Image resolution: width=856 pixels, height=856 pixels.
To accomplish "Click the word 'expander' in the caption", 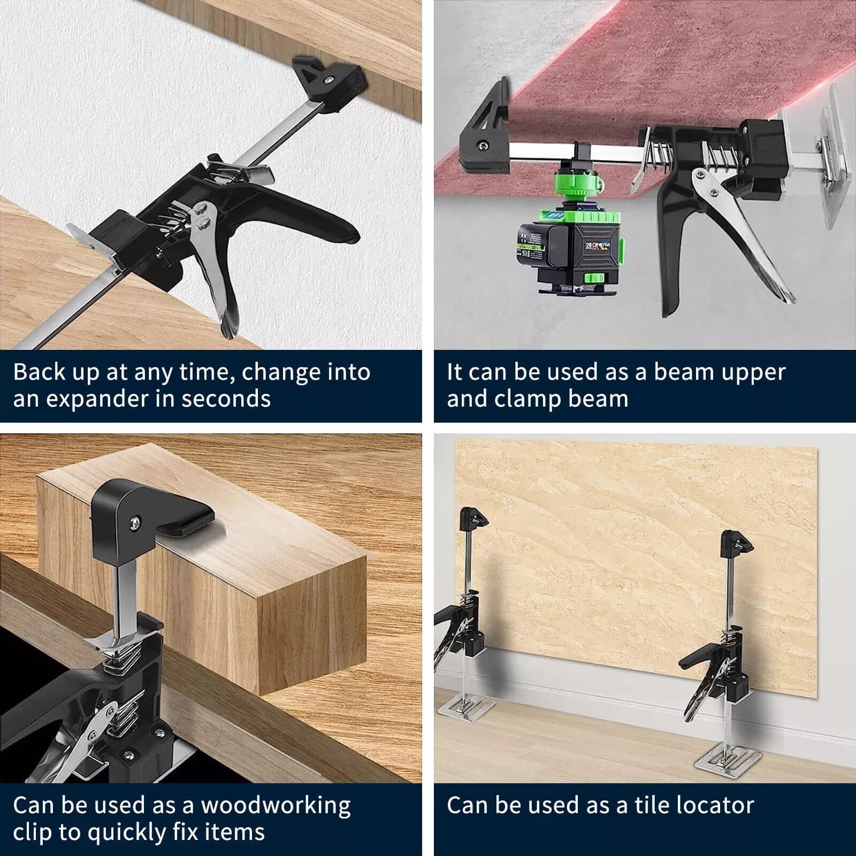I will coord(97,400).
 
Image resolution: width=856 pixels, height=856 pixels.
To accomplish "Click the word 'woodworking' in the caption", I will coord(276,805).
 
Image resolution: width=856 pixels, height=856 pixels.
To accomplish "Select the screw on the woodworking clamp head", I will coord(135,519).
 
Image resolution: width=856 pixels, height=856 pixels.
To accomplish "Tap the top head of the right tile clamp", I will coord(736,543).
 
